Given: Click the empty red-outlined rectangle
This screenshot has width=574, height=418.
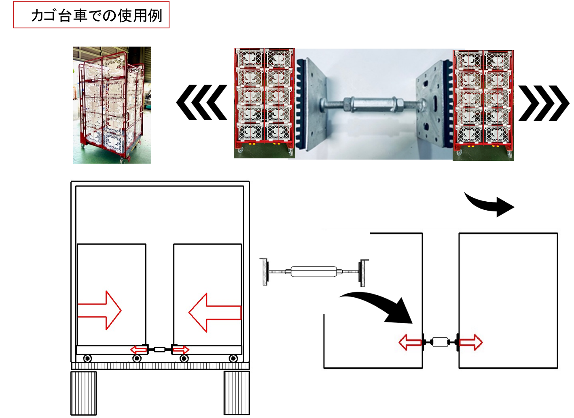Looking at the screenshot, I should pyautogui.click(x=91, y=15).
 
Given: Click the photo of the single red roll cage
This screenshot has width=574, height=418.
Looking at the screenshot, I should pyautogui.click(x=112, y=105).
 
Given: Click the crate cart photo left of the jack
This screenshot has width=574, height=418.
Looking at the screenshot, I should pyautogui.click(x=264, y=102).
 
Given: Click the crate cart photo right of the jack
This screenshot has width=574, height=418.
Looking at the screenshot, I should pyautogui.click(x=483, y=104).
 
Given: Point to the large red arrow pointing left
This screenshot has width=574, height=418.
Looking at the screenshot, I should pyautogui.click(x=214, y=312).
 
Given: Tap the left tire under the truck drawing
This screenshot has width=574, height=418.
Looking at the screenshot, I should pyautogui.click(x=84, y=393).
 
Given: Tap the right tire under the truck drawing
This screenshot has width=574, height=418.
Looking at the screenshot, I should pyautogui.click(x=237, y=393).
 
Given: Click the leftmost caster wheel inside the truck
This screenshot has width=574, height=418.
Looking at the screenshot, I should pyautogui.click(x=87, y=358).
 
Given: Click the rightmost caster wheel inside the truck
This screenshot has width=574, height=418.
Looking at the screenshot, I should pyautogui.click(x=233, y=358).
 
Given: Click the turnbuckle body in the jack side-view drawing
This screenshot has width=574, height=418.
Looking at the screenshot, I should pyautogui.click(x=313, y=271).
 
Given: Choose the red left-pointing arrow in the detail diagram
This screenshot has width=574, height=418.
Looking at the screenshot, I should pyautogui.click(x=410, y=343).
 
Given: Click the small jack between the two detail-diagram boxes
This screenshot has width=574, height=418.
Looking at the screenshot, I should pyautogui.click(x=441, y=342).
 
